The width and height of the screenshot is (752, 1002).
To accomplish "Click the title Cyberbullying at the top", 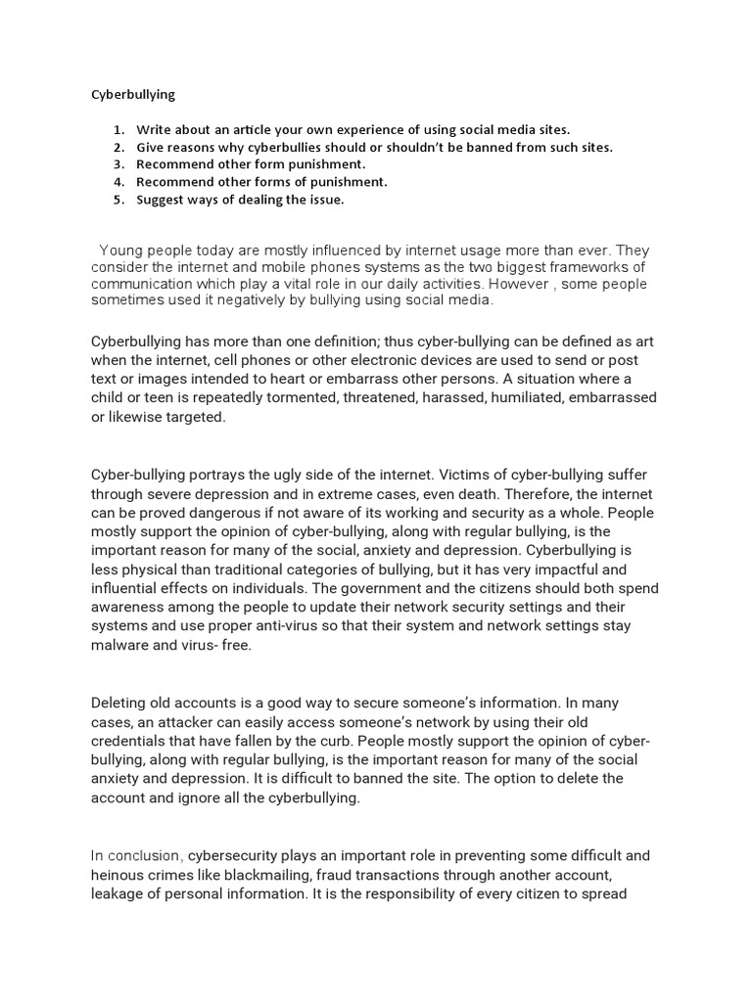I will pyautogui.click(x=133, y=96).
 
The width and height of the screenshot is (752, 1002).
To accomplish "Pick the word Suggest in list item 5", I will pyautogui.click(x=162, y=200).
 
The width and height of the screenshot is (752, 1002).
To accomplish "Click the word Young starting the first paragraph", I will pyautogui.click(x=121, y=250).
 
